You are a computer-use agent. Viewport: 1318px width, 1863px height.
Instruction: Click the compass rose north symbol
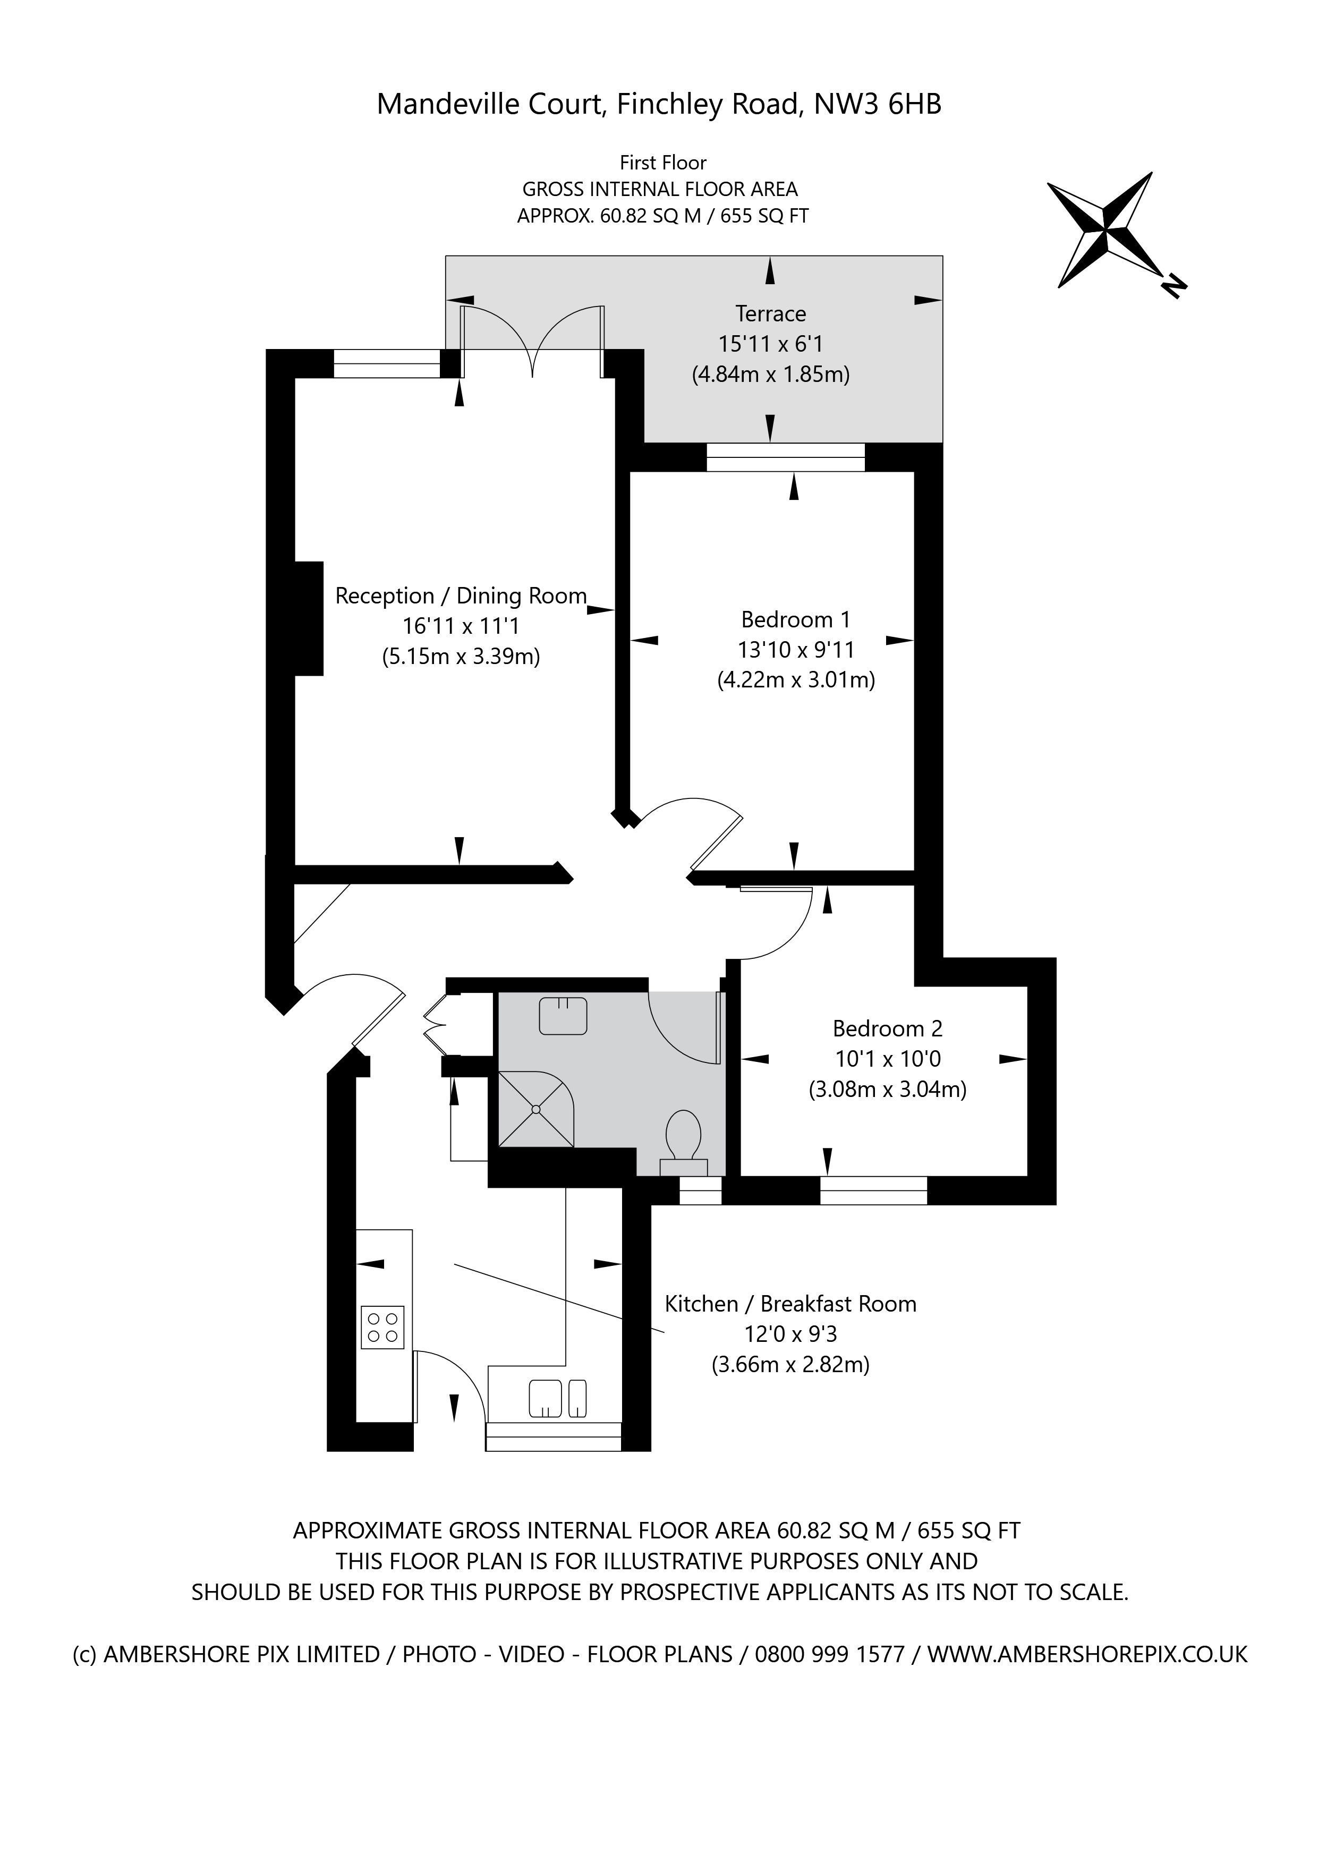1106,229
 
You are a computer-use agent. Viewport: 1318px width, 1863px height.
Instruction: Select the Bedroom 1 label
795,620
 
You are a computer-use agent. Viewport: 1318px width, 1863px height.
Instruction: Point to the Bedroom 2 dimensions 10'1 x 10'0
888,1059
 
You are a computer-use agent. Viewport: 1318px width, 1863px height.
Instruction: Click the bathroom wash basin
563,1016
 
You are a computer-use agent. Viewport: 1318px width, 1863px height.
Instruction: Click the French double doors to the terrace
532,341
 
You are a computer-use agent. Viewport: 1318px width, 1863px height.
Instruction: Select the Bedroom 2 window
873,1190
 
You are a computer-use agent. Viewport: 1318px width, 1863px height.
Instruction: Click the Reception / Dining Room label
460,597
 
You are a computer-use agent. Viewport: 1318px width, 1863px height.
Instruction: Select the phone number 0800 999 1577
829,1654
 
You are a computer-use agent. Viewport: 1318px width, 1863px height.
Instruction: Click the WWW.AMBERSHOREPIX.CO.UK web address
1087,1654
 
